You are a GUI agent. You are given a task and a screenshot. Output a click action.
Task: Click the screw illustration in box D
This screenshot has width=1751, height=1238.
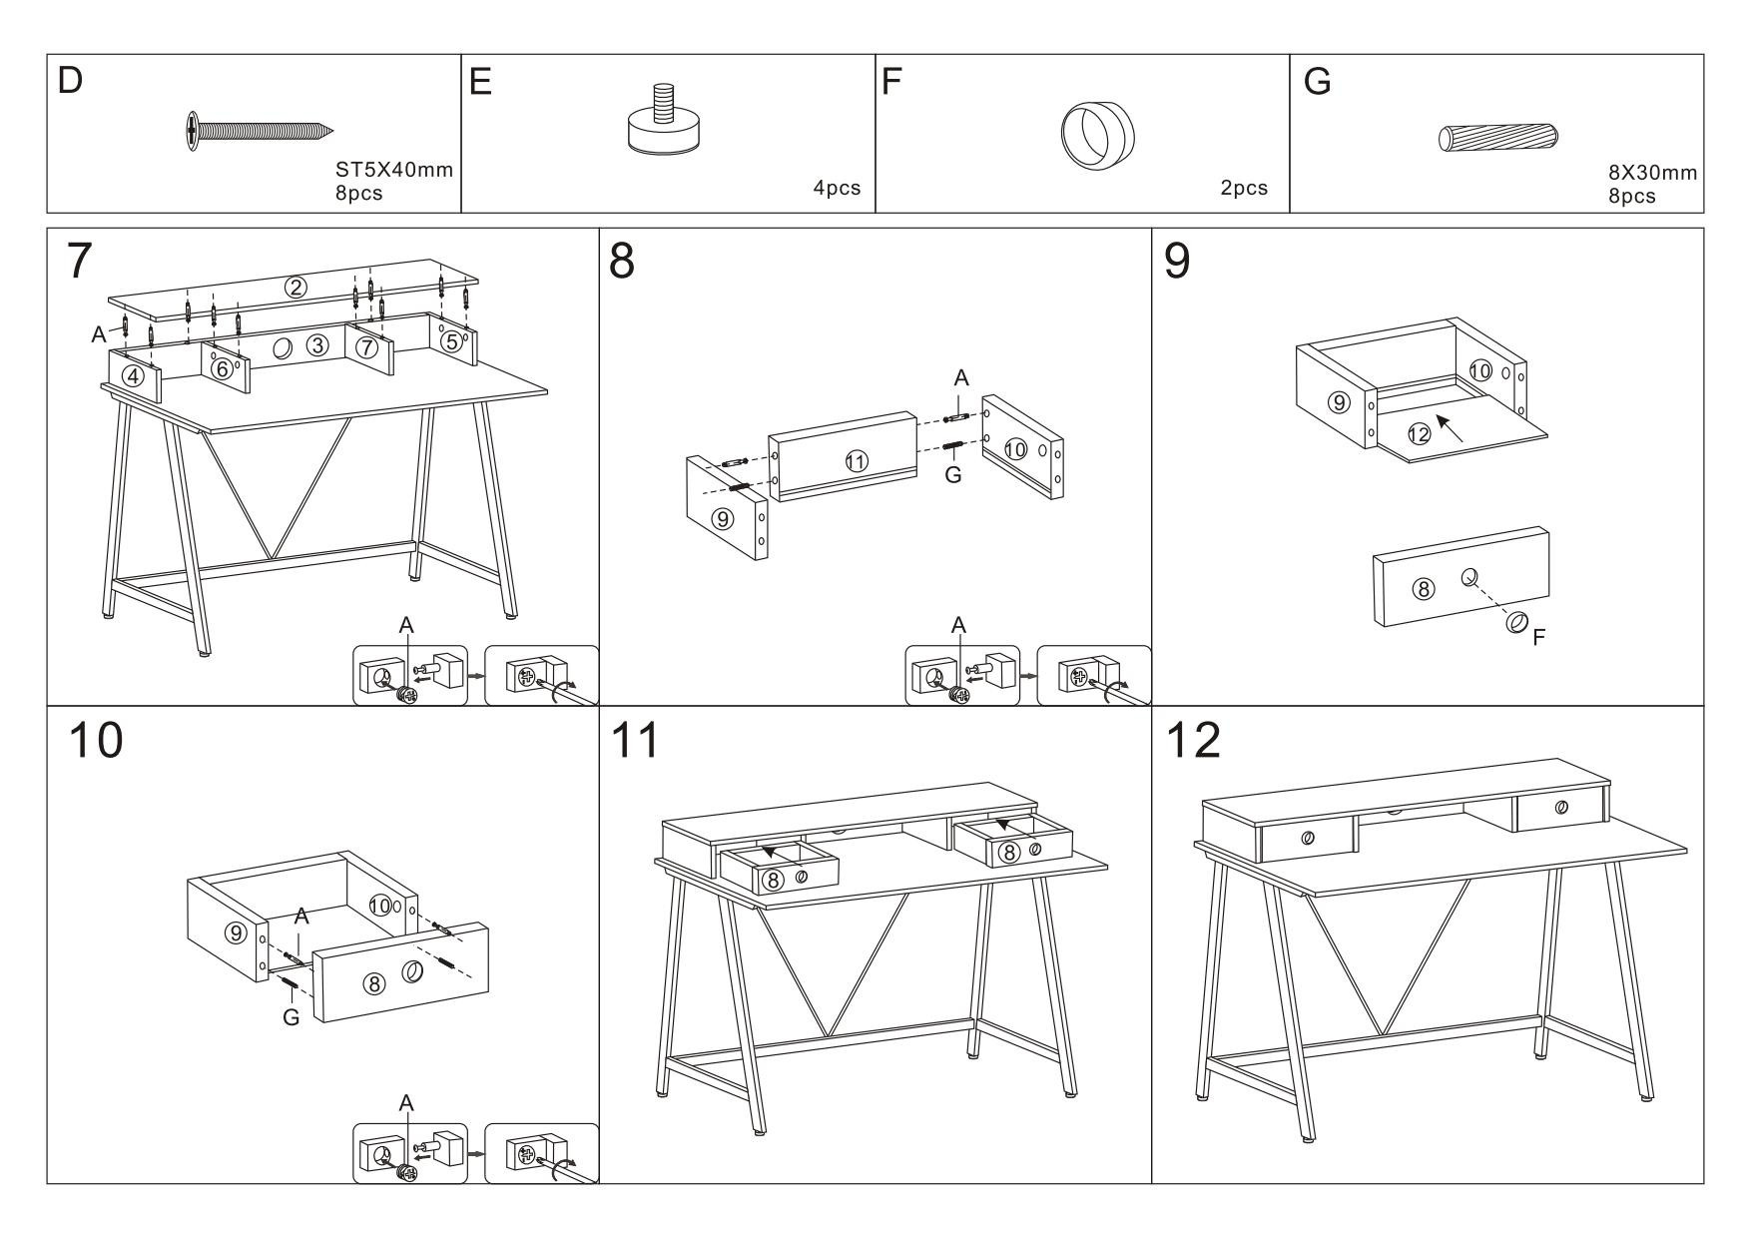pos(259,131)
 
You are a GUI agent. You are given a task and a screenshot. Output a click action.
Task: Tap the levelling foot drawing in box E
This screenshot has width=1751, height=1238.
pos(662,124)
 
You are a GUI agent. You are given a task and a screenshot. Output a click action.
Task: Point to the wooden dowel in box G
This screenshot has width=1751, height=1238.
pos(1498,137)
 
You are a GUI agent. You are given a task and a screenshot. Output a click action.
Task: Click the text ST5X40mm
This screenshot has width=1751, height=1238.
pos(394,170)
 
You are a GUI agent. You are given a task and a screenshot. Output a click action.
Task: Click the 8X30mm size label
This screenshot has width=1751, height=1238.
pos(1652,173)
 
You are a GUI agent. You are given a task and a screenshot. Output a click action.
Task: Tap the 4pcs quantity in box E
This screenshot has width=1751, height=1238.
pos(837,188)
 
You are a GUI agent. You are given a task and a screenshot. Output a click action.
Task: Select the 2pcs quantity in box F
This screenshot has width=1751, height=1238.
pos(1244,188)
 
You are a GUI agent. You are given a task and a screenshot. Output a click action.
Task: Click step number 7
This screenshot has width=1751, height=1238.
pos(79,262)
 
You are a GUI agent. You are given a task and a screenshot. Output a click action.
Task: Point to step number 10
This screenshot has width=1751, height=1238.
pos(96,741)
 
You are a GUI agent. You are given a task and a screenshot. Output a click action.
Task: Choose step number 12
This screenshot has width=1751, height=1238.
pos(1193,741)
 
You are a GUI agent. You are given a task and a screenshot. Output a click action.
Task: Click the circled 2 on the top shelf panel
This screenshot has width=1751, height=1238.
pos(295,288)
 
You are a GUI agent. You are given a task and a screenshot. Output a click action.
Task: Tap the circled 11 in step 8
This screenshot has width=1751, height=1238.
pos(856,461)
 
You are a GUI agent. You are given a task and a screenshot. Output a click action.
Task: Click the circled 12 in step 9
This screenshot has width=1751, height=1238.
pos(1419,433)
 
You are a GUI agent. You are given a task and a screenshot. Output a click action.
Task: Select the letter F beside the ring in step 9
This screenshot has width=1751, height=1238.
pos(1538,635)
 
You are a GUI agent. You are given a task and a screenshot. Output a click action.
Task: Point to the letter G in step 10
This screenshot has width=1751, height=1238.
pos(291,1018)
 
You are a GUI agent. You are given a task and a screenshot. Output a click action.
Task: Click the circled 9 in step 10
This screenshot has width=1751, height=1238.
pos(236,933)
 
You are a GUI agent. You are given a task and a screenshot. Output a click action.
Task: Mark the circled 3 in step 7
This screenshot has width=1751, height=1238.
pos(316,345)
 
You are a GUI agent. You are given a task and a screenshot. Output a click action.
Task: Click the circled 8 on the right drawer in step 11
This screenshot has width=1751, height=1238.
pos(1009,852)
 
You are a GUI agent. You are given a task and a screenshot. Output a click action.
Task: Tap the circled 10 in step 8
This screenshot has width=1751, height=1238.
pos(1015,449)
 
